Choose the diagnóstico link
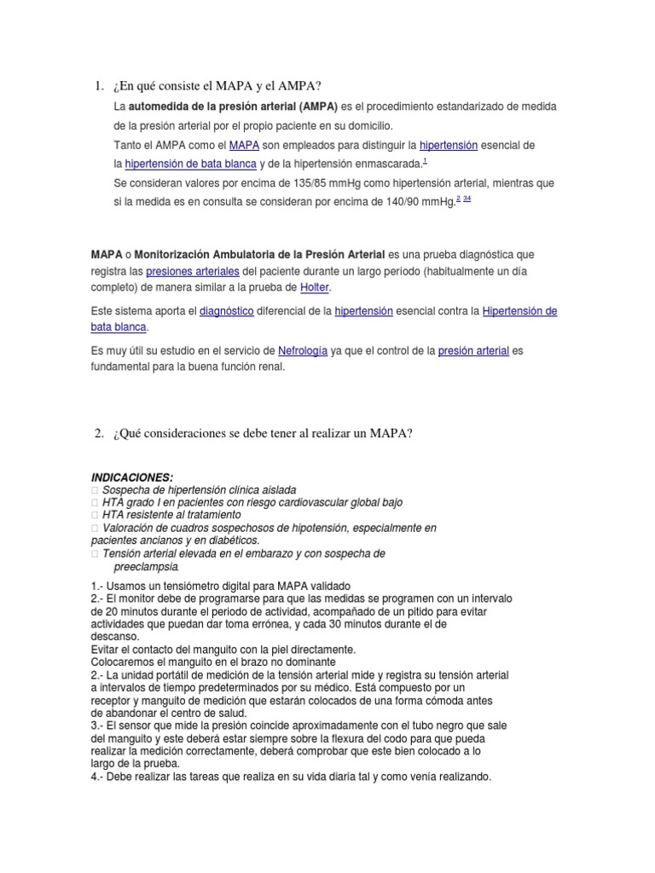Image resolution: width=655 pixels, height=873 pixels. (x=226, y=312)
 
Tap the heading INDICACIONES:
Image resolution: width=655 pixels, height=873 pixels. (x=131, y=477)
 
